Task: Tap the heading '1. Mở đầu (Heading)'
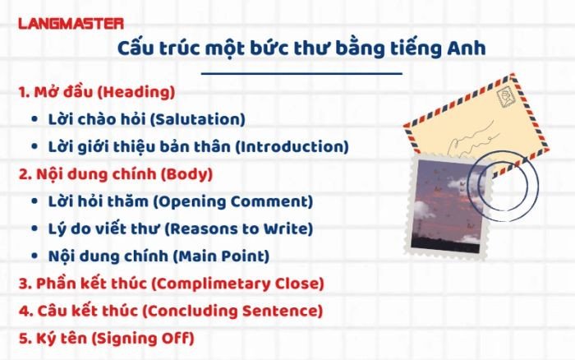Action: (97, 92)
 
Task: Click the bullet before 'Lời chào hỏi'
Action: (33, 120)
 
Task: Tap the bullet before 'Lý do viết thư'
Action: (33, 229)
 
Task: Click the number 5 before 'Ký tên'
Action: (22, 338)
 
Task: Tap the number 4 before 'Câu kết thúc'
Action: (22, 311)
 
